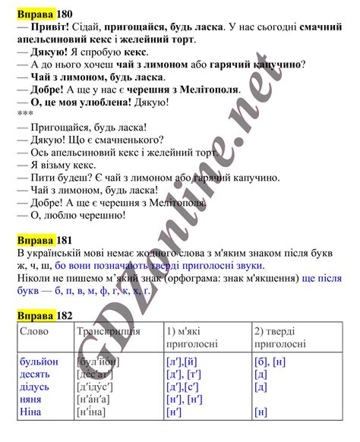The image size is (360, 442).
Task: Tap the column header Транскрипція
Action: point(108,332)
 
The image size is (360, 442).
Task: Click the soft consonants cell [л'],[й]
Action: point(182,361)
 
